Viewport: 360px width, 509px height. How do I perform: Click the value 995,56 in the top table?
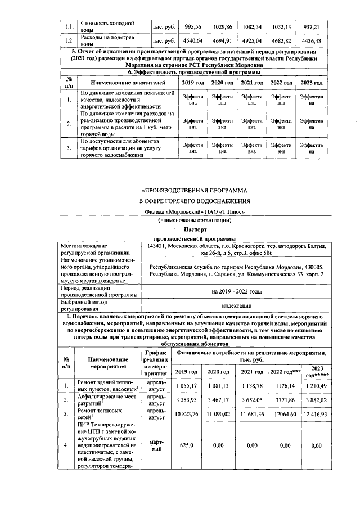point(192,26)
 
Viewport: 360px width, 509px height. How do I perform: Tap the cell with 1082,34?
point(253,26)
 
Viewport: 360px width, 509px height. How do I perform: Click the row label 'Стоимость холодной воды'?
point(107,26)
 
